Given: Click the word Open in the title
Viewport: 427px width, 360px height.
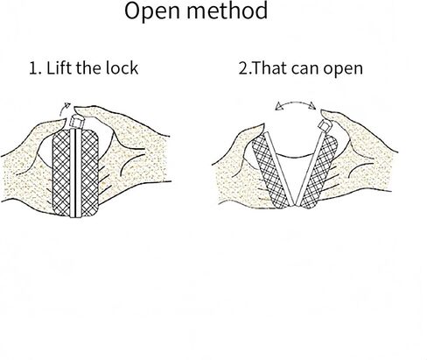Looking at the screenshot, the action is click(153, 11).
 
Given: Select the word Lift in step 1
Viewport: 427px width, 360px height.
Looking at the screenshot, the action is click(59, 68).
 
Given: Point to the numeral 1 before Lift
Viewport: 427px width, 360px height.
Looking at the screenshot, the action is click(32, 68).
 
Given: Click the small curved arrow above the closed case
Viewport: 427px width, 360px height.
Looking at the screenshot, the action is click(64, 109).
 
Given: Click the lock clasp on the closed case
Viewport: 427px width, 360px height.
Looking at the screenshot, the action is click(77, 122).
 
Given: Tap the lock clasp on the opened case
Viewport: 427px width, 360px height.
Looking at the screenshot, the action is click(325, 126).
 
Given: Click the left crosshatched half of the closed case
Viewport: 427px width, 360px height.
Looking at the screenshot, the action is click(61, 173).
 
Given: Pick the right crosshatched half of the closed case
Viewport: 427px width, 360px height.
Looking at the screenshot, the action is click(89, 173).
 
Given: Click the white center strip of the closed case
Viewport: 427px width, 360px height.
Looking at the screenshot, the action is click(76, 173).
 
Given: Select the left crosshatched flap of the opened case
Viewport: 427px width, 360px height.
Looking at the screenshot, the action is click(269, 173).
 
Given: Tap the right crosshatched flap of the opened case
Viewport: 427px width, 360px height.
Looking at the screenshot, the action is click(319, 173).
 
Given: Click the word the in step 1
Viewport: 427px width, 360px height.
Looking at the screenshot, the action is click(88, 68).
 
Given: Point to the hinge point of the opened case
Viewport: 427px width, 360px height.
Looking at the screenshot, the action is click(295, 205).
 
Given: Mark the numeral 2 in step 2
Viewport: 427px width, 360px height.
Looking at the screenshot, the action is click(242, 68).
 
